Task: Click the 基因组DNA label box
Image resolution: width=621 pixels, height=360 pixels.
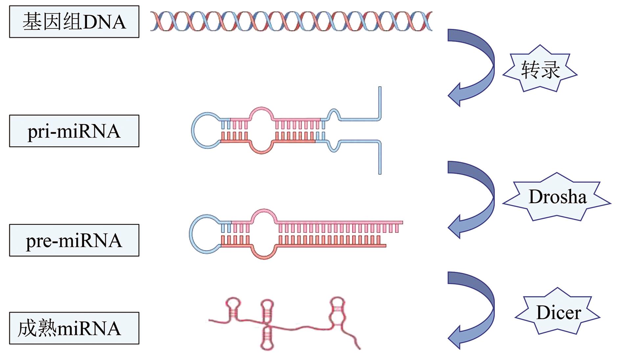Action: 74,22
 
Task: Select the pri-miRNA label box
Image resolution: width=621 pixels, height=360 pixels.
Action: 74,131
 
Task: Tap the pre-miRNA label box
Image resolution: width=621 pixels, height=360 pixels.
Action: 74,240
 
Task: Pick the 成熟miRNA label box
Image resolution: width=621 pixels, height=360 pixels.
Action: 74,328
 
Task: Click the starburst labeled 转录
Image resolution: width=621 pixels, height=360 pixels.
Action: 540,69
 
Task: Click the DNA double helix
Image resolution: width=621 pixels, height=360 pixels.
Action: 291,21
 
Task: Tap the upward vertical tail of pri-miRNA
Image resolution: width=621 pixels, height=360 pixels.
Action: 380,102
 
